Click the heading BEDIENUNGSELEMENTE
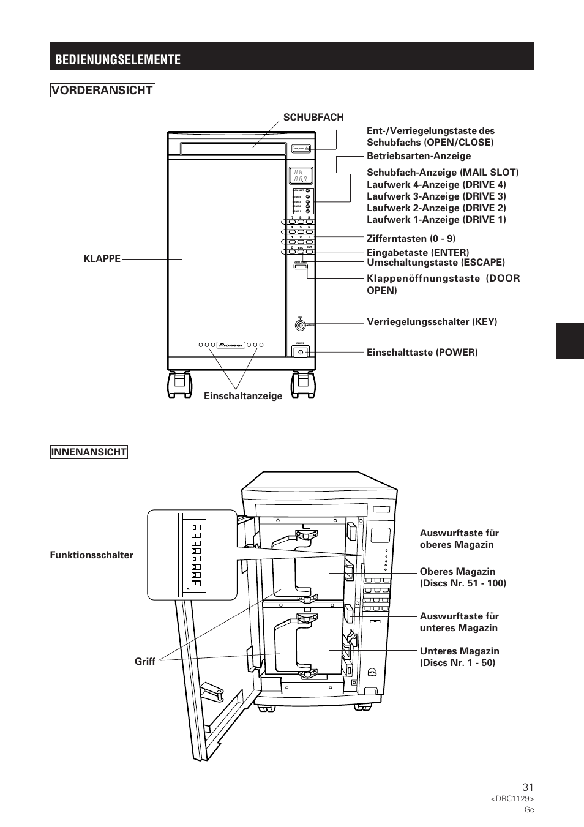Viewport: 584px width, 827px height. click(118, 59)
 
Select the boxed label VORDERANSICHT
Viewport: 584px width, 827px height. click(102, 91)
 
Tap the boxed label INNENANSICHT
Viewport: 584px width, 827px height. click(89, 452)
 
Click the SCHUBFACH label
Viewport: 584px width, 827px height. click(313, 117)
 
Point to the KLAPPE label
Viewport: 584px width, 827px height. click(102, 258)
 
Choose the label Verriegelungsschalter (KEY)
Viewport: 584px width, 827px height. click(432, 322)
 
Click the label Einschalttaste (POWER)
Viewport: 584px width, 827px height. click(422, 352)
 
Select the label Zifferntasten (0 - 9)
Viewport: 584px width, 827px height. click(411, 238)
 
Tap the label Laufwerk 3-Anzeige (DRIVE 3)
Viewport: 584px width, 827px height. click(436, 196)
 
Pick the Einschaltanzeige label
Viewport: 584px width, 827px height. click(243, 396)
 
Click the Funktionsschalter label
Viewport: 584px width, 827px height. click(92, 555)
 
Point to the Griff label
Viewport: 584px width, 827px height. click(145, 661)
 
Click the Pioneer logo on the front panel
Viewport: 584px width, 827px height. click(231, 345)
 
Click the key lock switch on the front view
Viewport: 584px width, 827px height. click(300, 326)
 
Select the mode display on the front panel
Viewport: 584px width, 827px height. click(301, 176)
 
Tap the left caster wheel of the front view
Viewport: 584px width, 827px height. click(179, 384)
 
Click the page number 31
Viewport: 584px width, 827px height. click(528, 787)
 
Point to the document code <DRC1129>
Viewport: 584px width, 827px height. click(512, 799)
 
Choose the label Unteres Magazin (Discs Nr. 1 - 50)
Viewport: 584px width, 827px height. click(459, 657)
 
